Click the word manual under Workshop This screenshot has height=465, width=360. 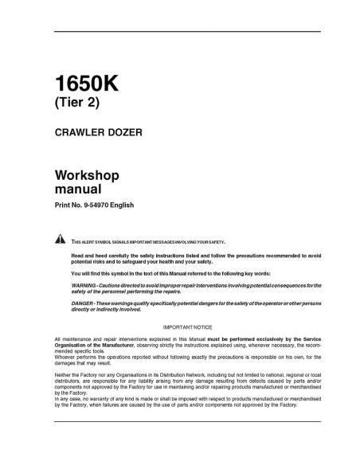[77, 190]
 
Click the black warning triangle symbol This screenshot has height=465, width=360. [60, 240]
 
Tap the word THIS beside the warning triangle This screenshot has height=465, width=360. [76, 240]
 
